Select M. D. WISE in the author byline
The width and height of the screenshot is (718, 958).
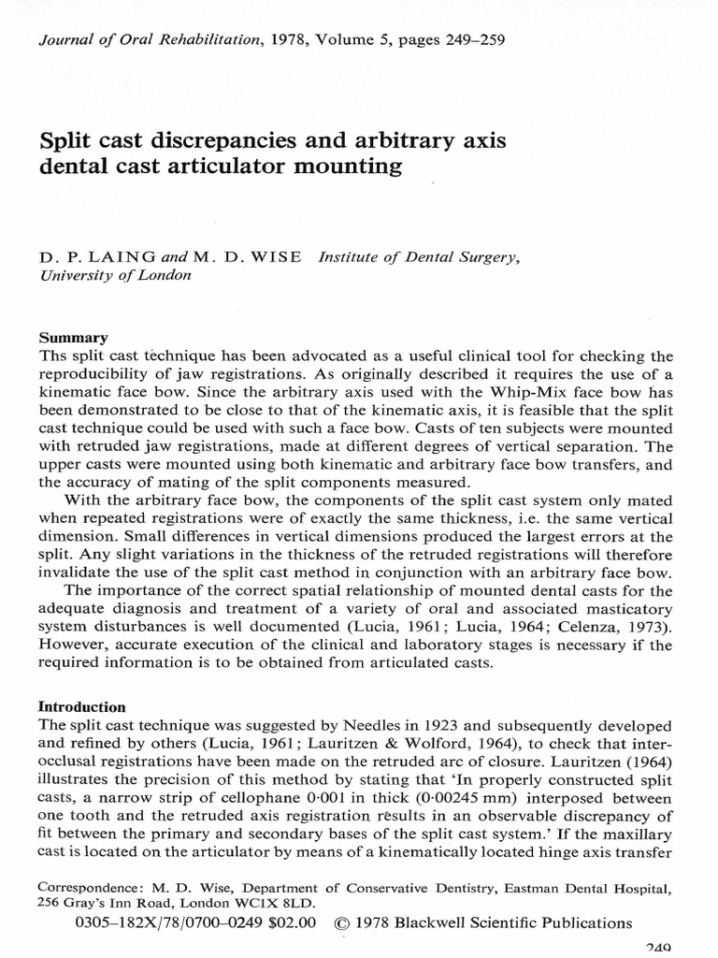click(253, 257)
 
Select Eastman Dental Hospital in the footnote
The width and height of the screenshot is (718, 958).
click(578, 884)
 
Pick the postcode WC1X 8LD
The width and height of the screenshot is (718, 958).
click(280, 903)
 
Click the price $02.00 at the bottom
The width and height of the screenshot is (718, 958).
click(289, 922)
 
